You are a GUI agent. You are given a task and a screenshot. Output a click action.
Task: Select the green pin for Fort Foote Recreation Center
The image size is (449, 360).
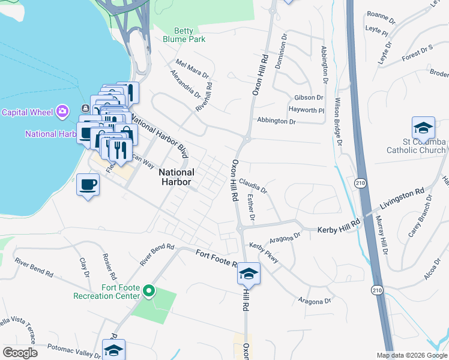tap(149, 292)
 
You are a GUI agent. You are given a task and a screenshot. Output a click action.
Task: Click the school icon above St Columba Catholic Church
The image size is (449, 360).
tap(423, 128)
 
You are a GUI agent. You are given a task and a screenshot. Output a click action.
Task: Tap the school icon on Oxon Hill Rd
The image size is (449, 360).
tap(249, 274)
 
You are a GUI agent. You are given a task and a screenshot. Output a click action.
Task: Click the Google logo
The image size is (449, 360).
tap(20, 353)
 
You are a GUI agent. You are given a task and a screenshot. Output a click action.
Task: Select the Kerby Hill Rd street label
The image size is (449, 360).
tap(339, 226)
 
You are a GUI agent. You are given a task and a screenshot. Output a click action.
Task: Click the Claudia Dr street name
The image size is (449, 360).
tap(253, 185)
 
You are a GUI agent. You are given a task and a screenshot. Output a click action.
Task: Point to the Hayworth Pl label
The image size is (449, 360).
tap(306, 110)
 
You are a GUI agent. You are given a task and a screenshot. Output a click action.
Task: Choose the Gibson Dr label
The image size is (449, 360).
tap(309, 98)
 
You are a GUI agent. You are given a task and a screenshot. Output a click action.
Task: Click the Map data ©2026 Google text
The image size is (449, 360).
tap(411, 355)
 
